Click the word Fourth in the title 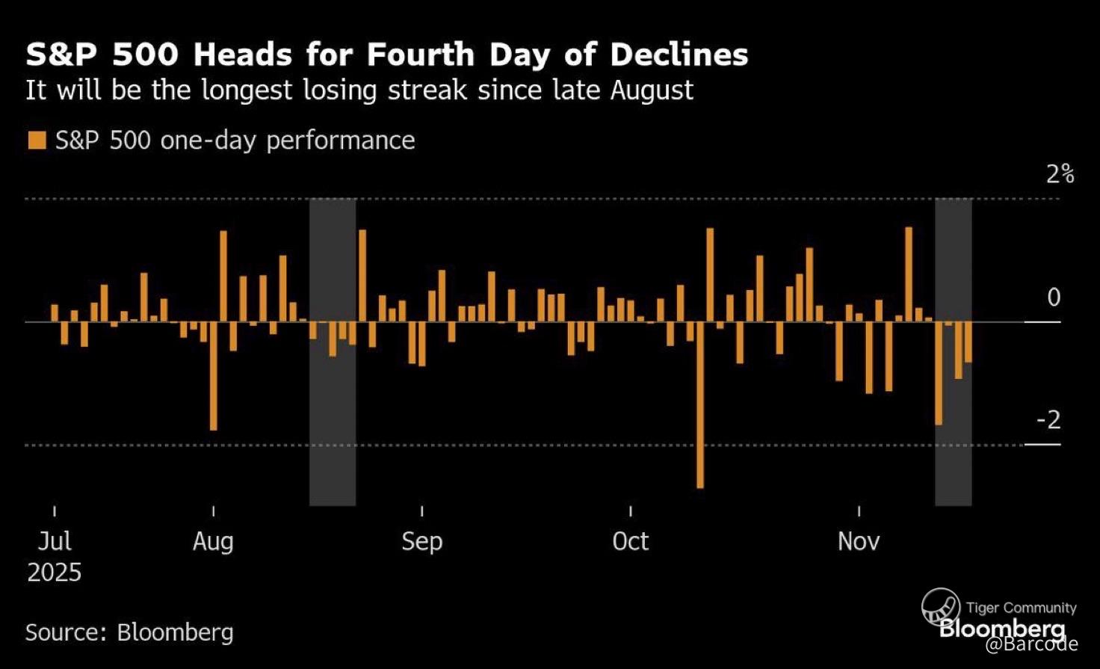pyautogui.click(x=420, y=55)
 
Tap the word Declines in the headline pyautogui.click(x=678, y=55)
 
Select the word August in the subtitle pyautogui.click(x=651, y=90)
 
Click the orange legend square pyautogui.click(x=37, y=141)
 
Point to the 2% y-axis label pyautogui.click(x=1060, y=174)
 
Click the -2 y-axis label pyautogui.click(x=1048, y=420)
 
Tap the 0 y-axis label pyautogui.click(x=1053, y=297)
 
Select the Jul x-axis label pyautogui.click(x=55, y=540)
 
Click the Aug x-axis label pyautogui.click(x=213, y=540)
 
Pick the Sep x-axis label pyautogui.click(x=421, y=540)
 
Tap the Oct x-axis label pyautogui.click(x=630, y=540)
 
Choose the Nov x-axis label pyautogui.click(x=859, y=540)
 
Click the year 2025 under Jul pyautogui.click(x=55, y=573)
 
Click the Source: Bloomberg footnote pyautogui.click(x=129, y=632)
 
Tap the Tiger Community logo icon pyautogui.click(x=940, y=606)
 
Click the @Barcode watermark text pyautogui.click(x=1031, y=644)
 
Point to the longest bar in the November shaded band pyautogui.click(x=939, y=373)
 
